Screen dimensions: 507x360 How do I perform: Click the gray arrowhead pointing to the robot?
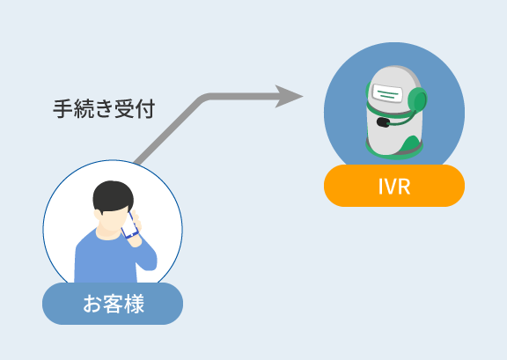tap(288, 97)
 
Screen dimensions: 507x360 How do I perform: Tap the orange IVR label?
tap(394, 186)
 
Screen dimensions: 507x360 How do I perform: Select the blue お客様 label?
tap(113, 304)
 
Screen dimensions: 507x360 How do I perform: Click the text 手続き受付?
tap(104, 108)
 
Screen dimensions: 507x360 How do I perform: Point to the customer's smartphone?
tap(129, 225)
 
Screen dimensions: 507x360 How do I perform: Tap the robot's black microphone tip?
tap(383, 122)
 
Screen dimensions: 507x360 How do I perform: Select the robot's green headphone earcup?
tap(417, 100)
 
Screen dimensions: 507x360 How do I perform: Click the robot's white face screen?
tap(387, 93)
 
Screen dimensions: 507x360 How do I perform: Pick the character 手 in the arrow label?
tap(62, 108)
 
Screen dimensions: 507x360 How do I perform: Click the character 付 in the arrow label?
tap(145, 108)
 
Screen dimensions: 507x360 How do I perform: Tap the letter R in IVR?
tap(404, 187)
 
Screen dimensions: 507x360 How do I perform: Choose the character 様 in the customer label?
tap(134, 304)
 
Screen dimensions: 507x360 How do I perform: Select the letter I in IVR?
tap(380, 187)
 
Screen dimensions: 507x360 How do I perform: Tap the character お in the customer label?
tap(92, 304)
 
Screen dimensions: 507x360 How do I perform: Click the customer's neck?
tap(108, 233)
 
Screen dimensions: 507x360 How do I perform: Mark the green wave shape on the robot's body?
tap(409, 144)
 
